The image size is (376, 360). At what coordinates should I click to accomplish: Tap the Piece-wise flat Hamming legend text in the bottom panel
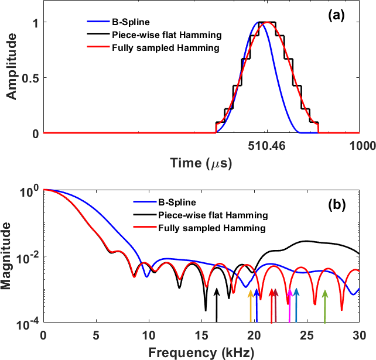(213, 215)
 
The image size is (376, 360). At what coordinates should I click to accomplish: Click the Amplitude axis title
(11, 78)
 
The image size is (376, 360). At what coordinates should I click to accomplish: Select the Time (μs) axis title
(201, 163)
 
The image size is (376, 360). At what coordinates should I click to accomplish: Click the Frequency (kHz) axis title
(201, 352)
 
